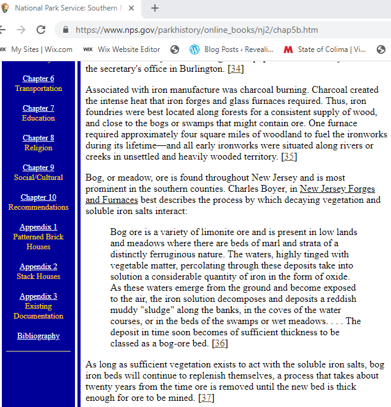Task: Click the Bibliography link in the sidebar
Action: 38,336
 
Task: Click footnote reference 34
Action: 235,68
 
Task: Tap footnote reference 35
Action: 289,156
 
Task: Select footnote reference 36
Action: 219,343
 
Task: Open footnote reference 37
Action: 206,398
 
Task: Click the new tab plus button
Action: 155,8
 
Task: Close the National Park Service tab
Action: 131,8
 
